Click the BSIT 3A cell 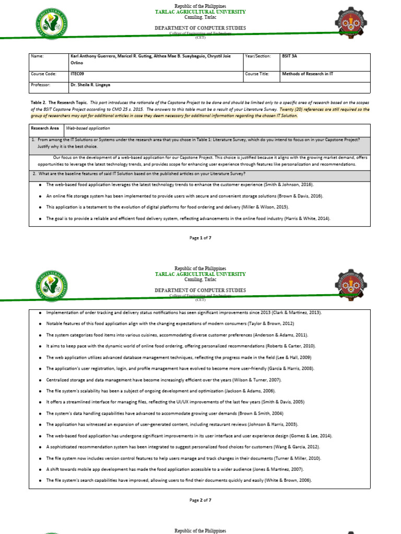290,55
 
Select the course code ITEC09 77,74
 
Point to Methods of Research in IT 308,74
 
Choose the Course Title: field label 257,74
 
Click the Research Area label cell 45,128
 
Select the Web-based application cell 88,128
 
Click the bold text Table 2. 39,103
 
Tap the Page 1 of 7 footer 200,238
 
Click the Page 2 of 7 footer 200,500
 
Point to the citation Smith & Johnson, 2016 285,185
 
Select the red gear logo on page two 350,286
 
